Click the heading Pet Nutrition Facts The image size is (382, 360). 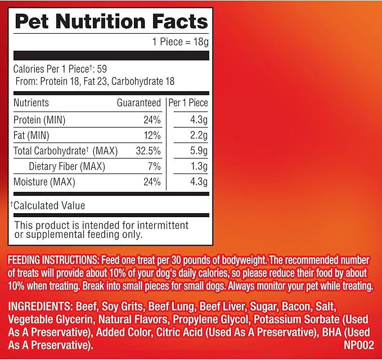(111, 22)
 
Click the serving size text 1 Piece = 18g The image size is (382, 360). (180, 41)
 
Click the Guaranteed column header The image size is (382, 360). (138, 103)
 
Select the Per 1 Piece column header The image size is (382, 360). (188, 103)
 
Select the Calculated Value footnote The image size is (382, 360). (48, 205)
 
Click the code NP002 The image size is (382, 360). (358, 343)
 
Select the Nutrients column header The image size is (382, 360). (32, 103)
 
